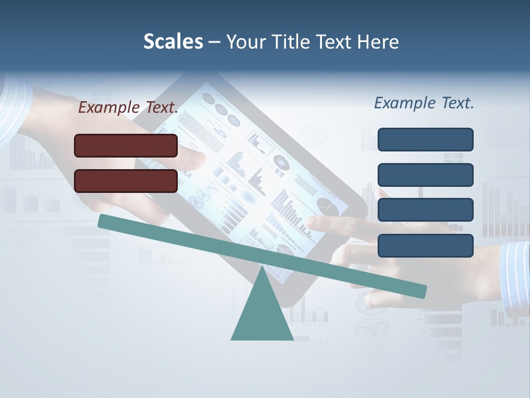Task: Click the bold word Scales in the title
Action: point(173,41)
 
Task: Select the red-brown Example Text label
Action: point(128,108)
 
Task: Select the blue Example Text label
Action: point(424,103)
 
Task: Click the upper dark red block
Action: point(126,145)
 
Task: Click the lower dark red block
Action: point(126,181)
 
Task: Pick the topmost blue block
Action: point(425,139)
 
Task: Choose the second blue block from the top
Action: point(425,175)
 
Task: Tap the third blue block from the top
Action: point(425,210)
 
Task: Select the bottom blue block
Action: point(425,245)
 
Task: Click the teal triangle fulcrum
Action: point(262,315)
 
